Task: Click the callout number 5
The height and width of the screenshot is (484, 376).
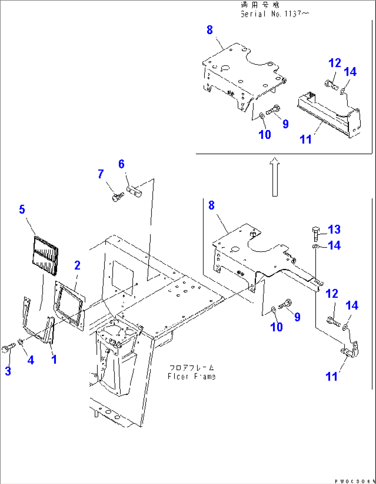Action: point(22,209)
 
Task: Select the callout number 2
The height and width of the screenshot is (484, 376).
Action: point(77,265)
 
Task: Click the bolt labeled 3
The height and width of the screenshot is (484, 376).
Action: point(9,349)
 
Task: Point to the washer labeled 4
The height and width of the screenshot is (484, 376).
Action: point(20,342)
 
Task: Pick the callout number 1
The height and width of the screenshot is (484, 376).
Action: point(54,359)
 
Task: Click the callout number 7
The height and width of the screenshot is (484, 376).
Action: point(100,174)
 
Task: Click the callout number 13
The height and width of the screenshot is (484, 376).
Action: point(334,229)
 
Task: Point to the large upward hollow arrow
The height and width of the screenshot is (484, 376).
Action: point(275,177)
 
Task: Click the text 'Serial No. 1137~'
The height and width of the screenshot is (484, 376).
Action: point(275,14)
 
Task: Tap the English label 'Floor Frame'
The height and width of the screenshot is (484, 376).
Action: point(191,376)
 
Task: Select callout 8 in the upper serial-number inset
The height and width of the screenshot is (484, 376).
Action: point(210,30)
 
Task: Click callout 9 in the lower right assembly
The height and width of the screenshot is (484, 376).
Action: point(297,317)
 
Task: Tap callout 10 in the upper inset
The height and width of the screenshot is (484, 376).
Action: point(265,135)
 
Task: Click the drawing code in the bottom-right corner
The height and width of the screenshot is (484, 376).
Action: point(355,481)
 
